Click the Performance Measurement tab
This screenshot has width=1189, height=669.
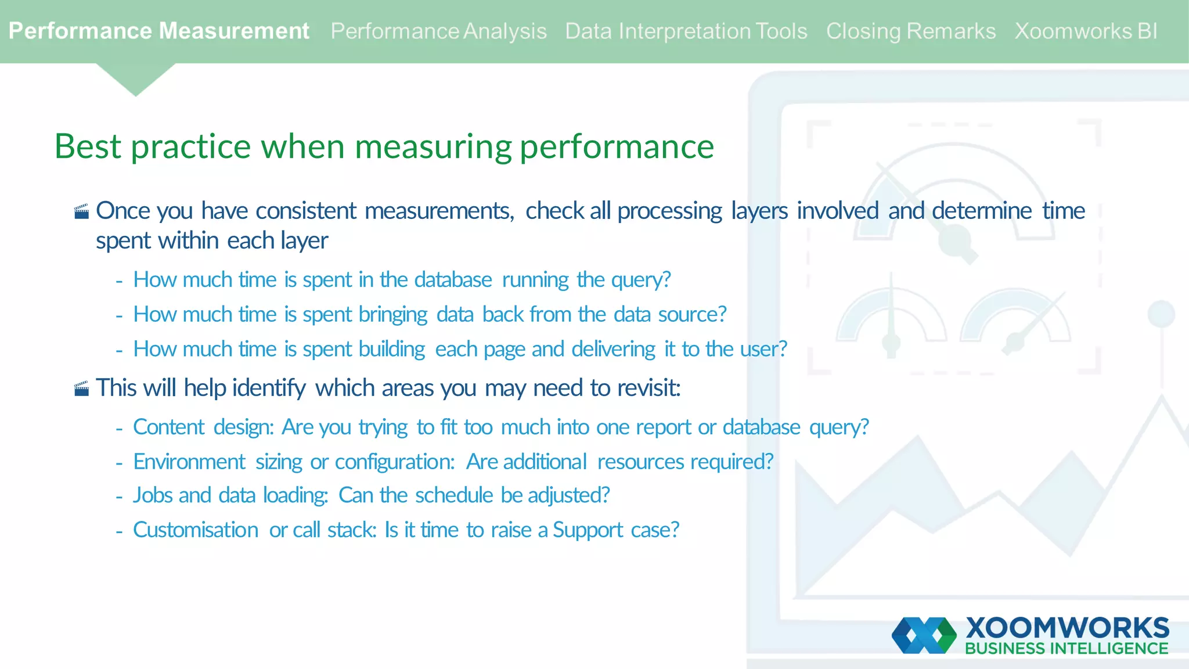coord(158,31)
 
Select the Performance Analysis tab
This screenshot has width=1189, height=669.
coord(438,31)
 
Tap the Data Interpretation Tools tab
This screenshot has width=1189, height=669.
coord(686,31)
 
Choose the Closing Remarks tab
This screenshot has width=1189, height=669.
coord(910,31)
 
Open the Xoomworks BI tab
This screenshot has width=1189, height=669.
coord(1086,31)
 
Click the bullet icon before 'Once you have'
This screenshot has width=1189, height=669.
coord(82,211)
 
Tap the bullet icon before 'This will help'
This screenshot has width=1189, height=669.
coord(82,389)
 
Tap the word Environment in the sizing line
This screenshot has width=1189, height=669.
coord(189,462)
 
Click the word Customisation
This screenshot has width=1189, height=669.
coord(196,530)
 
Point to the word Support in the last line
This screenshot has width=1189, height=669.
coord(588,530)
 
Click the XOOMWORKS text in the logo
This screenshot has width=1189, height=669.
coord(1067,628)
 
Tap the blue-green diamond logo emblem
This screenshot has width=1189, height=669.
coord(924,635)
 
